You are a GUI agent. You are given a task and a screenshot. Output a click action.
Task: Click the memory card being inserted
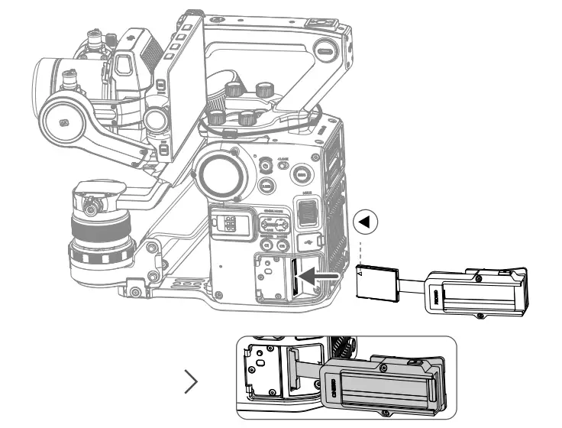point(376,281)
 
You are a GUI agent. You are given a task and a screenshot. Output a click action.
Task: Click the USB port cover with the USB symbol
point(306,243)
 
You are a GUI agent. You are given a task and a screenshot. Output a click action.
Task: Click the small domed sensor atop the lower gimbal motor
point(90,206)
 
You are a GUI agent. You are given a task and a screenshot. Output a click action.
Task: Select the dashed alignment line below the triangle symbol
point(360,248)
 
